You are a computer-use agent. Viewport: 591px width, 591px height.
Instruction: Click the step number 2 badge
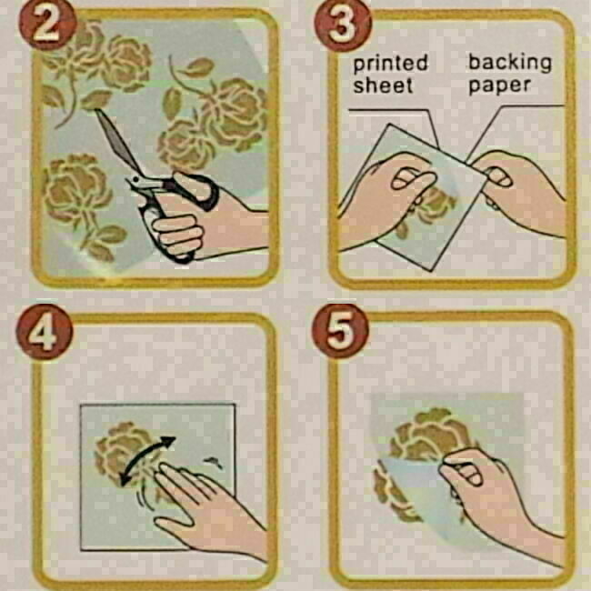pos(47,25)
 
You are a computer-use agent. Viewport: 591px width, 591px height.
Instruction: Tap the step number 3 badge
pos(343,25)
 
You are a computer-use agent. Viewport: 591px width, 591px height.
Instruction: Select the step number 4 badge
pos(45,332)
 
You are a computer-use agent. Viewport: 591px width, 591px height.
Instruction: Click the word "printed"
pos(390,64)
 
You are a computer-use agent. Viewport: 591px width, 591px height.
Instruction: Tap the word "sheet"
pos(383,85)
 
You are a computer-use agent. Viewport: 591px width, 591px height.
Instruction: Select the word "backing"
pos(509,63)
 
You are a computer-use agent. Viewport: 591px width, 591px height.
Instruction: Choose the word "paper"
pos(499,86)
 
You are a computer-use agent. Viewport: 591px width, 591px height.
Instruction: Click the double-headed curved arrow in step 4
pos(147,460)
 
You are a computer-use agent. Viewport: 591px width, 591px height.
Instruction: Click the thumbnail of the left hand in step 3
pos(406,180)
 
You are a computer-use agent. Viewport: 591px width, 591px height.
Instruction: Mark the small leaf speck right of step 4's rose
pos(214,462)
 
